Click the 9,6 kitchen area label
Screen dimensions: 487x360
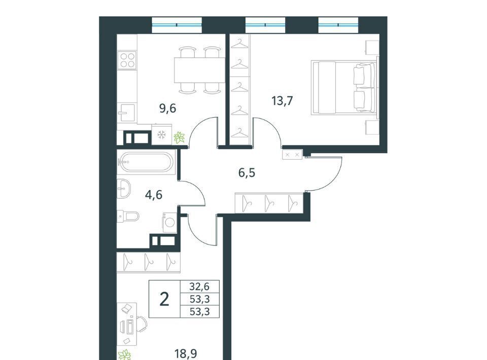(168, 109)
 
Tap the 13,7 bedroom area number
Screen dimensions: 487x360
(282, 101)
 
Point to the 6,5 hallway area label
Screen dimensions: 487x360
(247, 173)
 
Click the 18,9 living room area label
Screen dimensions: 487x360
(186, 353)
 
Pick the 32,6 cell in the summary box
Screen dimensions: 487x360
(200, 286)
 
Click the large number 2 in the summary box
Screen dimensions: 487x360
(164, 299)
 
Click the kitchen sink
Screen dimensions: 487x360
(126, 113)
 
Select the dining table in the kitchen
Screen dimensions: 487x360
(199, 70)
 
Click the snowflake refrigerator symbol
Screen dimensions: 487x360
(161, 134)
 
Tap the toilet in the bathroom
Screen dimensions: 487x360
(128, 215)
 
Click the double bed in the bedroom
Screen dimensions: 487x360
(344, 88)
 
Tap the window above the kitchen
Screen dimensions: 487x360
(177, 25)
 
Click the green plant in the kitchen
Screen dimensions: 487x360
(179, 137)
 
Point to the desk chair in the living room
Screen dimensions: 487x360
(142, 323)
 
